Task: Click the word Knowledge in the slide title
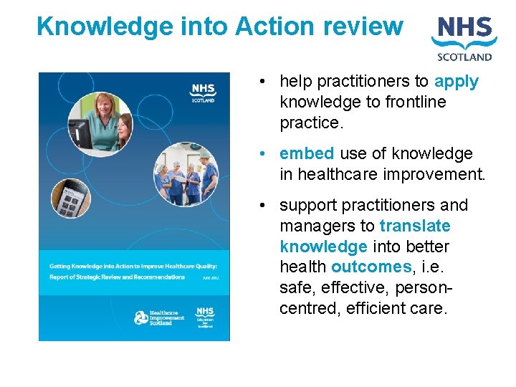pos(95,27)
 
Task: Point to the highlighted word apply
pos(457,82)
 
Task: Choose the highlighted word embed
pos(307,153)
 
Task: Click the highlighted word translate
pos(415,226)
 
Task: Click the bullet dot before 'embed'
pos(264,154)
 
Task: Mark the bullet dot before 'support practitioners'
pos(264,206)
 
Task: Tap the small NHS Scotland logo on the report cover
pos(203,92)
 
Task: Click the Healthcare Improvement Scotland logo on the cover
pos(160,317)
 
